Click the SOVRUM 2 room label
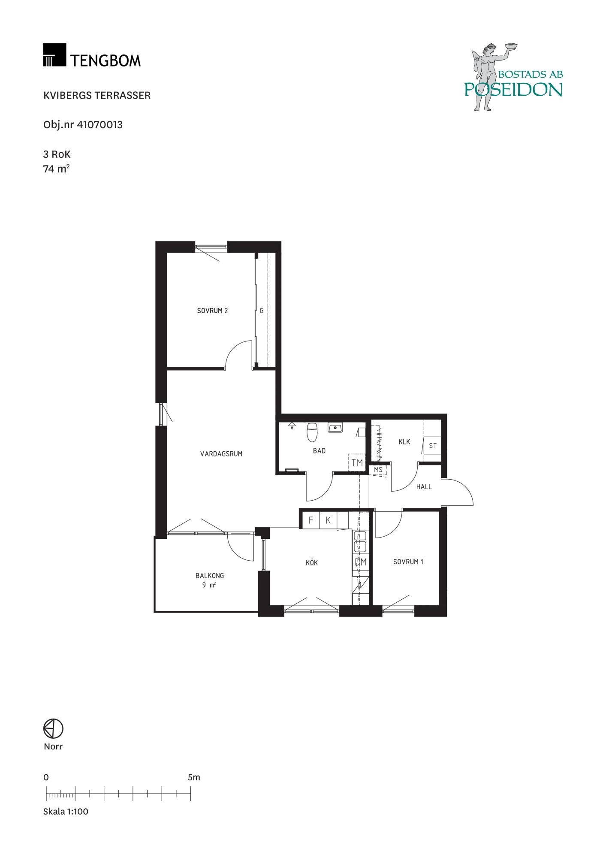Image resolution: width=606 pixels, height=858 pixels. [212, 311]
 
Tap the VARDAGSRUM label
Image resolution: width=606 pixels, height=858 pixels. [221, 453]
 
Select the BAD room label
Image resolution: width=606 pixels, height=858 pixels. [319, 451]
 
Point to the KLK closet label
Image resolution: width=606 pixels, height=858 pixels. [404, 442]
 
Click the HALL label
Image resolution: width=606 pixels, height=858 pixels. [424, 486]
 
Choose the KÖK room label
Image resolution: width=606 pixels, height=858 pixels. [312, 562]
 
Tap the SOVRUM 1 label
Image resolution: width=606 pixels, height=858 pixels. [408, 562]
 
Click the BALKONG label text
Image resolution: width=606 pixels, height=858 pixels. [210, 576]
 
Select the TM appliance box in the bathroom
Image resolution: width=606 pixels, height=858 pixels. [357, 463]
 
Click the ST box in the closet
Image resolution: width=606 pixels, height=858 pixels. [433, 446]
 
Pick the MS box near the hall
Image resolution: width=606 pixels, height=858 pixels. [378, 470]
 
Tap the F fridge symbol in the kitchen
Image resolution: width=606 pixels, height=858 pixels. [311, 520]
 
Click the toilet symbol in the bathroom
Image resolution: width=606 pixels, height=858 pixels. [312, 432]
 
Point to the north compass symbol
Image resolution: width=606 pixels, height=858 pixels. [53, 728]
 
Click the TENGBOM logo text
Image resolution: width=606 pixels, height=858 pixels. [106, 60]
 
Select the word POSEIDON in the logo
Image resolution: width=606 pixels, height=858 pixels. [513, 89]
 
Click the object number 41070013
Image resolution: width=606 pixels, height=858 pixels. [99, 125]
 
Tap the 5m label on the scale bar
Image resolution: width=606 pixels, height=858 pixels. [194, 777]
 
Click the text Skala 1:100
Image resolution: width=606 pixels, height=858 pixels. [66, 811]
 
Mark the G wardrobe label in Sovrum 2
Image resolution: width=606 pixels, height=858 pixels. [262, 311]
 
